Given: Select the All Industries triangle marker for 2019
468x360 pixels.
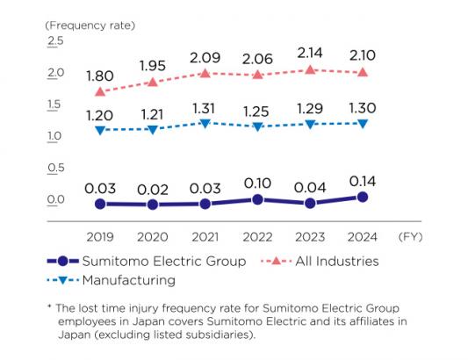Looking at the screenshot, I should coord(100,91).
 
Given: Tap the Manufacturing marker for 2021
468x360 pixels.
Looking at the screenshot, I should coord(205,124).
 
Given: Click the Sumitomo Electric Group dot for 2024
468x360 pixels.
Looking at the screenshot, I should coord(363,197).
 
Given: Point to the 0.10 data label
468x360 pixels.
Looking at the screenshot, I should coord(257,182).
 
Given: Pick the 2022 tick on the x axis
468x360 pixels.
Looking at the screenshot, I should coord(257,237).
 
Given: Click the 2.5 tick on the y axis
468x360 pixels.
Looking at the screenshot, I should coord(55,41).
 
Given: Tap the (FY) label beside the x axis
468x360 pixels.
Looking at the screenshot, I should coord(410,237).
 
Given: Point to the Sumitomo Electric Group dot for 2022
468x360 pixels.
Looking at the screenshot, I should coord(257,199).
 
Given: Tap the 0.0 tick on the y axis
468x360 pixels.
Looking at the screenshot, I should coord(55,199).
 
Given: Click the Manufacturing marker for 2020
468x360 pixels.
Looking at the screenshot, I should coord(153,130).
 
